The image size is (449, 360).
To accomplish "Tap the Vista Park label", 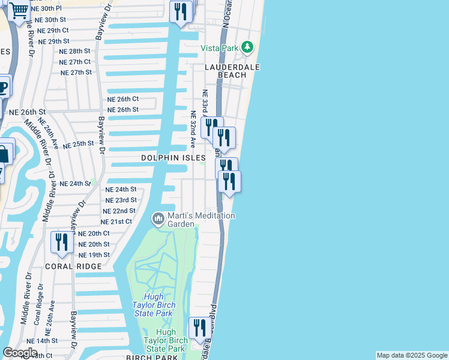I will click(x=219, y=48).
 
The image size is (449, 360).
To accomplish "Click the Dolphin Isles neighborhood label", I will click(x=173, y=158).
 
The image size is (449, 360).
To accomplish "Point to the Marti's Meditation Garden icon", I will click(x=158, y=218).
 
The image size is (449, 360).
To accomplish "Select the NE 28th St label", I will click(x=75, y=52).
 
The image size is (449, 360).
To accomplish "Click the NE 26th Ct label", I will click(x=123, y=99).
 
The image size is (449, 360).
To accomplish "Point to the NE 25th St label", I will click(x=79, y=145).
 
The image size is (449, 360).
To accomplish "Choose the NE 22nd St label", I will click(x=119, y=211).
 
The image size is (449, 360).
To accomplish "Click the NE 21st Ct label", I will click(x=116, y=222).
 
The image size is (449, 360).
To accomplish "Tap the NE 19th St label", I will click(x=94, y=255).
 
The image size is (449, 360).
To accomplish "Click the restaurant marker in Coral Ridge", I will click(x=61, y=242).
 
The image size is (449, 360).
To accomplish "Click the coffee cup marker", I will click(x=3, y=87).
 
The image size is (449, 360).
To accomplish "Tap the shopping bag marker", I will click(x=4, y=154).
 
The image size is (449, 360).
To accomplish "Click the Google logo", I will click(x=20, y=353).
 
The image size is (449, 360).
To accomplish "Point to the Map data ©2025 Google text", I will click(x=412, y=355).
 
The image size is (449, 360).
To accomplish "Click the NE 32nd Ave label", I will click(x=193, y=130).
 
